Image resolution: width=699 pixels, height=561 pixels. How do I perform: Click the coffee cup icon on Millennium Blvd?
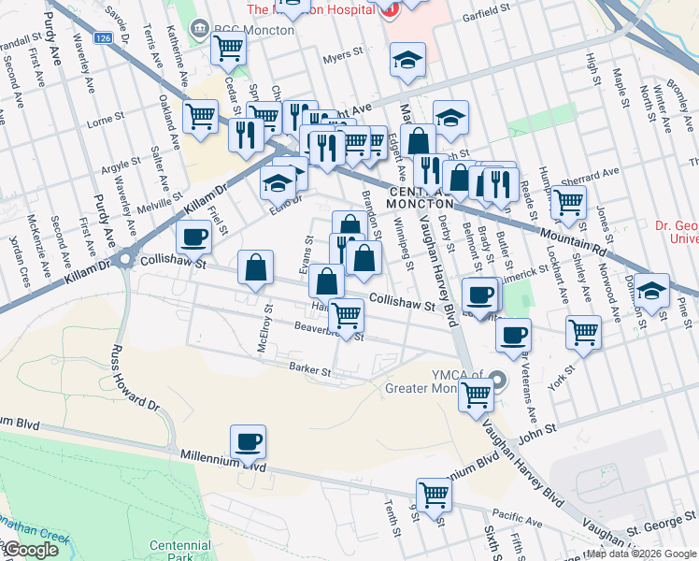[248, 441]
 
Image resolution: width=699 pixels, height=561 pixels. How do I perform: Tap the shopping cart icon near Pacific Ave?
[434, 494]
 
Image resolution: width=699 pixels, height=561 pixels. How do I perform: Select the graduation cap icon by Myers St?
[407, 61]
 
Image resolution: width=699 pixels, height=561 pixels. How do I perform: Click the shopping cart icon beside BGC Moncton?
[229, 48]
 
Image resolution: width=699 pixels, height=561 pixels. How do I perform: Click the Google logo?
[31, 550]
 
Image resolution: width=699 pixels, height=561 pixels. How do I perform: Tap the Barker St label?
[310, 370]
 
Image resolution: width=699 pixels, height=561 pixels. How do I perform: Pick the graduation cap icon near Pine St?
[652, 290]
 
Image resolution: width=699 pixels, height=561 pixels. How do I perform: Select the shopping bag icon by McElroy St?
[255, 268]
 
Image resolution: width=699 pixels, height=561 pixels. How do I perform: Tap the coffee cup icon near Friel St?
[193, 237]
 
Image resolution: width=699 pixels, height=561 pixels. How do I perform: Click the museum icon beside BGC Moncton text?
[199, 29]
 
